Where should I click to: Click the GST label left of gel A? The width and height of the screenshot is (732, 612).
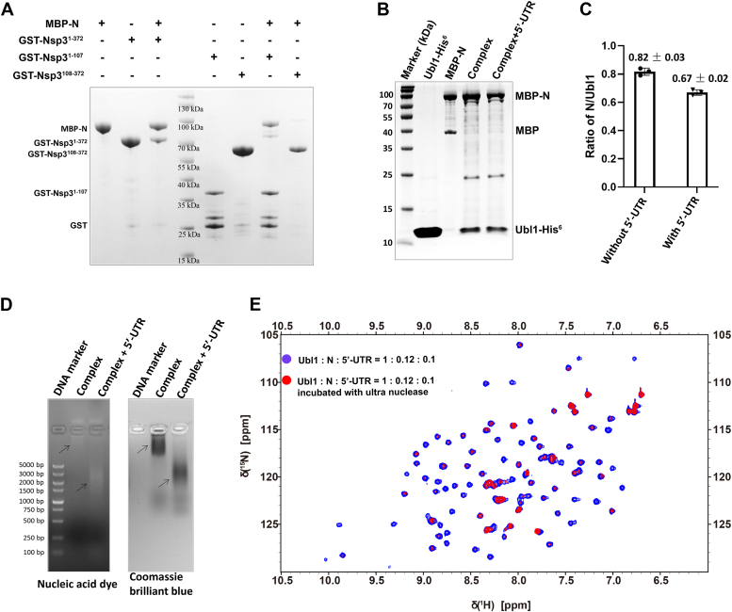(x=68, y=225)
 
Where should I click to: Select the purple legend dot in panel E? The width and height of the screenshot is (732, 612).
(x=285, y=360)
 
